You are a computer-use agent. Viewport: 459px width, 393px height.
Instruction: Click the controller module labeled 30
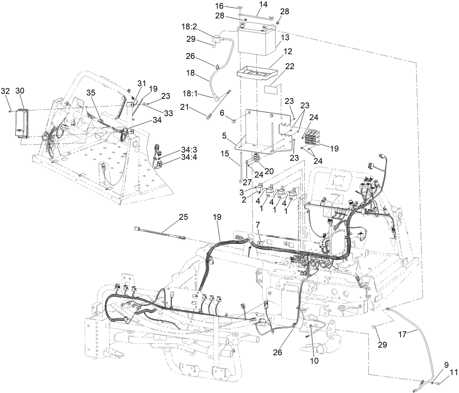[x=21, y=123]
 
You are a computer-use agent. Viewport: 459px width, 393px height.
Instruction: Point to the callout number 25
[x=183, y=217]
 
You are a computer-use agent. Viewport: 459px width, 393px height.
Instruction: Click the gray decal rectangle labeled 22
[x=273, y=90]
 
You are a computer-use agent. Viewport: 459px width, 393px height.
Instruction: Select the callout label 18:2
[x=198, y=27]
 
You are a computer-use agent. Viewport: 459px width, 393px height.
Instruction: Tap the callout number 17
[x=413, y=332]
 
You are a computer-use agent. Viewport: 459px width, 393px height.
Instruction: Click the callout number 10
[x=314, y=361]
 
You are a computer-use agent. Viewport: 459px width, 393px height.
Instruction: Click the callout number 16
[x=229, y=6]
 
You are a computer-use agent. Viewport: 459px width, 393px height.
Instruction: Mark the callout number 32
[x=5, y=91]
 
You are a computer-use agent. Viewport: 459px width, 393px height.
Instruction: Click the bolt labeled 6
[x=235, y=120]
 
